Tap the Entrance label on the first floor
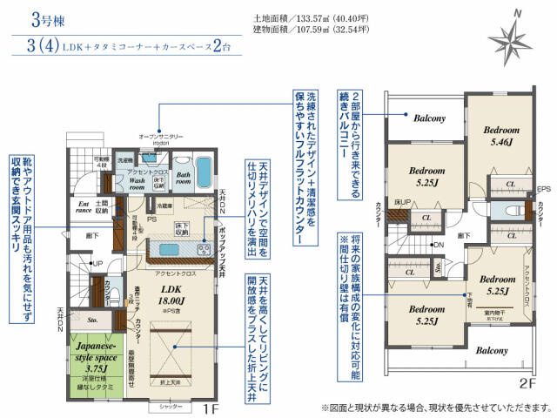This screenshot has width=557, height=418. pos(84,206)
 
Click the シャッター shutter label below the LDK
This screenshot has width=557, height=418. pos(167,407)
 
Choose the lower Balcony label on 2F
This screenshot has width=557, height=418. pos(492,350)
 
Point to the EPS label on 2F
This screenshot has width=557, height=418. pos(544,188)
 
